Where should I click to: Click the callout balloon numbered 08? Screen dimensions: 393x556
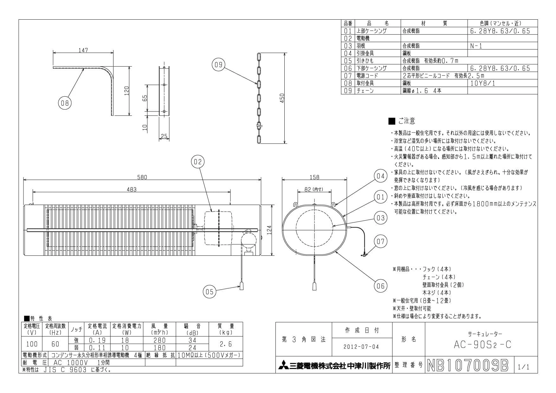[x=65, y=103]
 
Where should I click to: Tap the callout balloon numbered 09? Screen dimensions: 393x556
[x=218, y=65]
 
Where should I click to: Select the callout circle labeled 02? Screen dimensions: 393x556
[x=197, y=162]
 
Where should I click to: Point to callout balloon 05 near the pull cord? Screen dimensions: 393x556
[x=210, y=291]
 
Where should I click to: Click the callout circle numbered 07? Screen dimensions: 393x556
[x=380, y=242]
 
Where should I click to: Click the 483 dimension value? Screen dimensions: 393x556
[x=131, y=190]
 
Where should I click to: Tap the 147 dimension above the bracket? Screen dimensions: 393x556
[x=83, y=50]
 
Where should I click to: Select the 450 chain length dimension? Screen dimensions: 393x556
[x=282, y=98]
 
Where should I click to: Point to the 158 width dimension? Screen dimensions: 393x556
[x=314, y=177]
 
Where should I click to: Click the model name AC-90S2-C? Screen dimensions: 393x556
[x=482, y=345]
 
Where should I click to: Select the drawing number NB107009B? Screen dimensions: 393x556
[x=468, y=365]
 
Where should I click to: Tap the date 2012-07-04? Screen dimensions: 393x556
[x=361, y=347]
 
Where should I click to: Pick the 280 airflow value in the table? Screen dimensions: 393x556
[x=159, y=340]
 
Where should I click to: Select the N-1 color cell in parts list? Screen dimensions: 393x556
[x=476, y=46]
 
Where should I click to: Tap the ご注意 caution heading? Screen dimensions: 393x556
[x=406, y=121]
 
